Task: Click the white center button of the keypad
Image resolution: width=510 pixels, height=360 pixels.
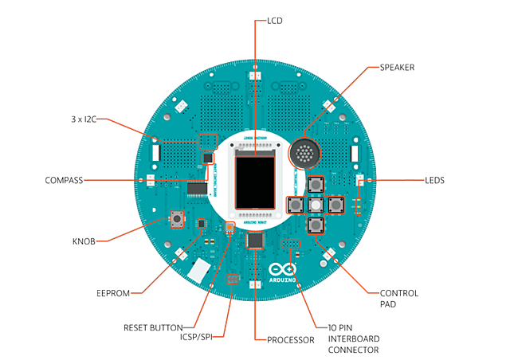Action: (316, 205)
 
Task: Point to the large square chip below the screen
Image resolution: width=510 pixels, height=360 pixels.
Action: (255, 240)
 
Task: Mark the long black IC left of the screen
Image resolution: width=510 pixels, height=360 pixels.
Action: (196, 189)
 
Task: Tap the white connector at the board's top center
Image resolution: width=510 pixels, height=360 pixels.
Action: (255, 76)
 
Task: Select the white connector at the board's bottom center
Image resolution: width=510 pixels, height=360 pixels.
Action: (255, 284)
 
